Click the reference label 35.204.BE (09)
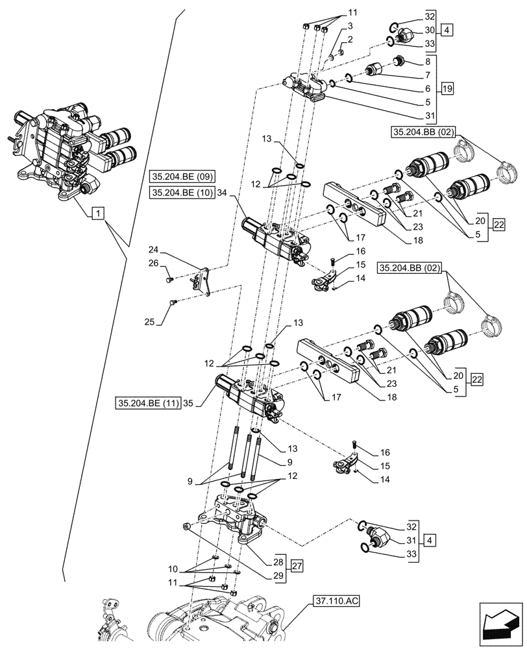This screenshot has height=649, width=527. click(184, 177)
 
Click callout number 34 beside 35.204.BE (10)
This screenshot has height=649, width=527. click(223, 192)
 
